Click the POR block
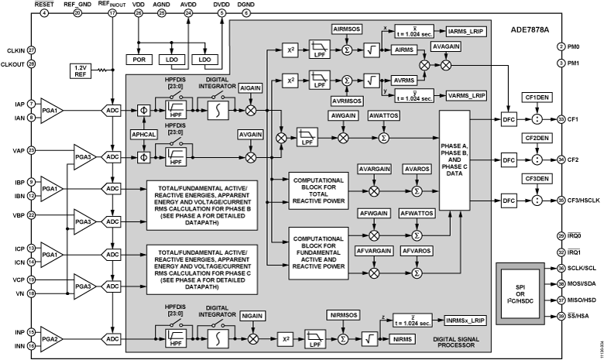click(140, 60)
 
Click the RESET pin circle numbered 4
click(43, 13)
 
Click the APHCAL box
click(143, 132)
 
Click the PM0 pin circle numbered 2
click(561, 46)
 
